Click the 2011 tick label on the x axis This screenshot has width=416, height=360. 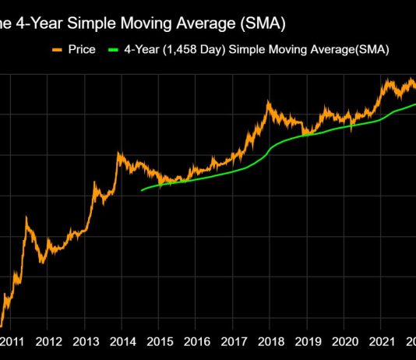click(x=12, y=341)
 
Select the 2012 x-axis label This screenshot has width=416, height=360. click(x=49, y=341)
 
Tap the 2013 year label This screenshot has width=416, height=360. click(x=86, y=341)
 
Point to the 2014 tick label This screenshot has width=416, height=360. click(x=123, y=341)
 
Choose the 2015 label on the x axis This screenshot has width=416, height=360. click(x=160, y=341)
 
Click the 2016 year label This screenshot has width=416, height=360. click(x=197, y=341)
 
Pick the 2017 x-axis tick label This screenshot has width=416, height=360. click(x=234, y=341)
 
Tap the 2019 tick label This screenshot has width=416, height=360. click(x=308, y=341)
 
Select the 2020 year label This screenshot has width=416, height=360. click(x=344, y=341)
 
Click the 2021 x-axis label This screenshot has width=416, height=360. click(x=381, y=341)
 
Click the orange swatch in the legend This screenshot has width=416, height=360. click(x=55, y=50)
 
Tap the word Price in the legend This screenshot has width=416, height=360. click(x=82, y=50)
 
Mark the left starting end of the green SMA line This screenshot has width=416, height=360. click(x=141, y=190)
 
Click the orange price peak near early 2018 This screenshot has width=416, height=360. click(x=269, y=102)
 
